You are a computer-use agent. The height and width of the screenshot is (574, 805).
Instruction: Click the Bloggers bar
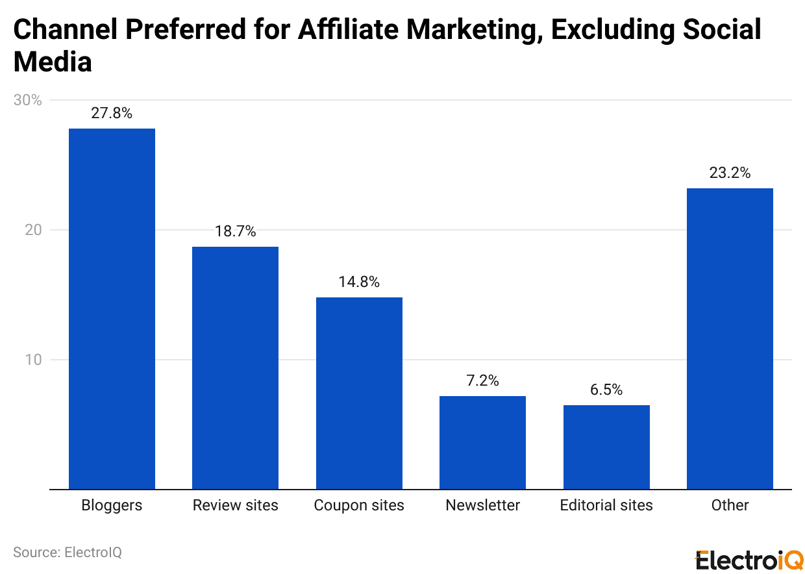pyautogui.click(x=112, y=308)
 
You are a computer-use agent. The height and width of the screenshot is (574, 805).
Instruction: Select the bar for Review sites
pyautogui.click(x=235, y=368)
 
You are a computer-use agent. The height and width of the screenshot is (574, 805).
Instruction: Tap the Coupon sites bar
pyautogui.click(x=359, y=393)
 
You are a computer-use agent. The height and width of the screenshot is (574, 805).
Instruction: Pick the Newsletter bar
pyautogui.click(x=482, y=442)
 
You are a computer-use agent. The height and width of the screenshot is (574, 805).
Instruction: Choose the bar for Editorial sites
pyautogui.click(x=606, y=447)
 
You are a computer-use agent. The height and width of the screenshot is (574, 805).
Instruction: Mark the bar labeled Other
pyautogui.click(x=730, y=338)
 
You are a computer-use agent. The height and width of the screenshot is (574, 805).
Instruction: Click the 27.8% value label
pyautogui.click(x=112, y=113)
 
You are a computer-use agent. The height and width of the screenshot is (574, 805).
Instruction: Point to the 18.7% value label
pyautogui.click(x=235, y=231)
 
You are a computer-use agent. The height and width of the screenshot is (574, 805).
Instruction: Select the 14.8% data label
pyautogui.click(x=359, y=282)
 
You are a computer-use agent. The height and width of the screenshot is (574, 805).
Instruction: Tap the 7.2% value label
pyautogui.click(x=482, y=381)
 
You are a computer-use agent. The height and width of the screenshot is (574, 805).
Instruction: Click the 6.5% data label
pyautogui.click(x=606, y=390)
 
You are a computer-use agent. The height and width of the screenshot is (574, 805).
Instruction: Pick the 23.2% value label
pyautogui.click(x=730, y=173)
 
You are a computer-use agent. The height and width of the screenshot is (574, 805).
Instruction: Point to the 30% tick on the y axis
pyautogui.click(x=28, y=101)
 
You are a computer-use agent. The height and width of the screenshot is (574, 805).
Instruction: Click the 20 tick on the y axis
pyautogui.click(x=33, y=231)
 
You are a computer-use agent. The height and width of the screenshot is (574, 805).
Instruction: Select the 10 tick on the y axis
pyautogui.click(x=33, y=360)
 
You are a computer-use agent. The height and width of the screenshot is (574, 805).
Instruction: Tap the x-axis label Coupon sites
pyautogui.click(x=359, y=505)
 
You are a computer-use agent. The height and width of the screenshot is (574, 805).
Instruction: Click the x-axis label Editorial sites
pyautogui.click(x=606, y=505)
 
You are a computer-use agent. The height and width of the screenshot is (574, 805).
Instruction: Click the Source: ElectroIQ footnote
pyautogui.click(x=68, y=552)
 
